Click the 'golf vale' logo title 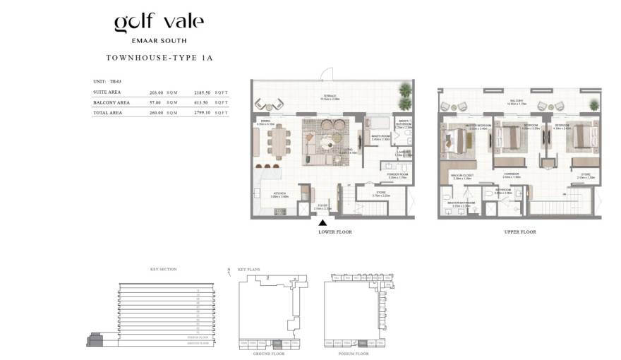pyautogui.click(x=159, y=23)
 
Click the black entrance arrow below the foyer pyautogui.click(x=322, y=223)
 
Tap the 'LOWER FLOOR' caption pyautogui.click(x=335, y=232)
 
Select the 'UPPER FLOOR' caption pyautogui.click(x=520, y=232)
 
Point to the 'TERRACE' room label pyautogui.click(x=330, y=96)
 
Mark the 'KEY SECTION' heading pyautogui.click(x=164, y=269)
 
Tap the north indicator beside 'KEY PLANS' pyautogui.click(x=230, y=270)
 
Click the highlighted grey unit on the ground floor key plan pyautogui.click(x=277, y=342)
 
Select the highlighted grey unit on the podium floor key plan pyautogui.click(x=362, y=342)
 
